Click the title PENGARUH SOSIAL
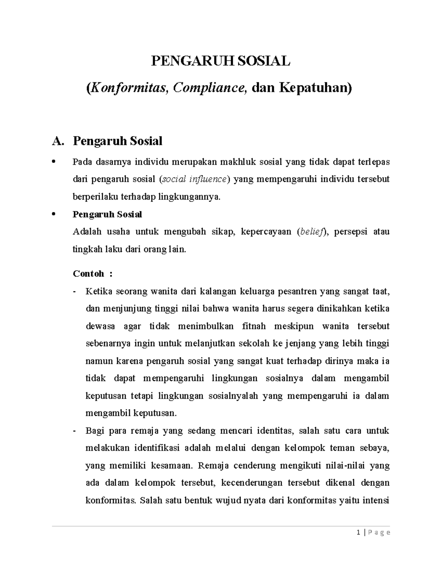(221, 61)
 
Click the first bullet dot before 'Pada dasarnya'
(54, 162)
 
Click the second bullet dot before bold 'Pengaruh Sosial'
(54, 214)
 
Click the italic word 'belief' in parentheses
(311, 232)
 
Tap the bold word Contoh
(89, 274)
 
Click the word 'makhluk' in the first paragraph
(238, 162)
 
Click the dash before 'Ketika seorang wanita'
(75, 292)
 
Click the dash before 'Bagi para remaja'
(75, 431)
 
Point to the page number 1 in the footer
(359, 532)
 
